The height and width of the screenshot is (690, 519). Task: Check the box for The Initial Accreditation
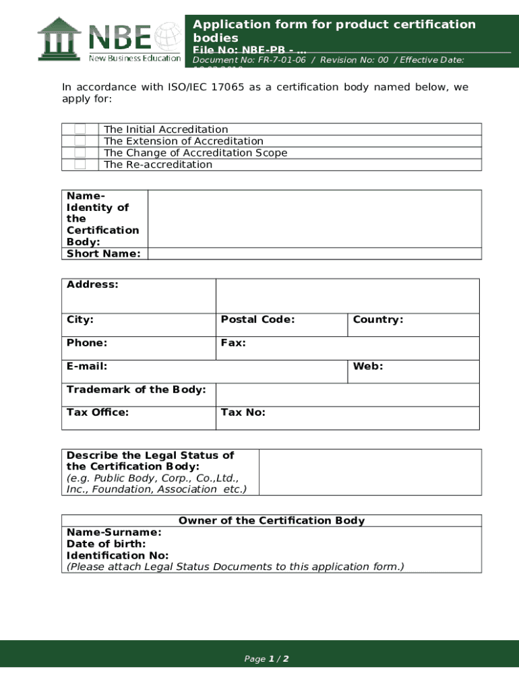click(80, 129)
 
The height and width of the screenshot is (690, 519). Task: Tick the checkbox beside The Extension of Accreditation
click(80, 141)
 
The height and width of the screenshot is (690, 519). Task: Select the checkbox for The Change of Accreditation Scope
click(80, 153)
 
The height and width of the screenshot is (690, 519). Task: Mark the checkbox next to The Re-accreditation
click(80, 164)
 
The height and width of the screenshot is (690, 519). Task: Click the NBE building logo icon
click(59, 38)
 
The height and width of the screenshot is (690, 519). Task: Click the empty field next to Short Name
click(314, 254)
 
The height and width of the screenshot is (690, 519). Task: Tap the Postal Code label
click(257, 319)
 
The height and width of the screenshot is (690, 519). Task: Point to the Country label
click(377, 319)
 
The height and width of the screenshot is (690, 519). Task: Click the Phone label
click(87, 343)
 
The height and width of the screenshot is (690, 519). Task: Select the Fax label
click(233, 343)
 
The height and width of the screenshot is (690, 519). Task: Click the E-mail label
click(87, 367)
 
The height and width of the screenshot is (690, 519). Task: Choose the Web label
click(367, 367)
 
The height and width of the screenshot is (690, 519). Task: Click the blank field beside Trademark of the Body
click(347, 395)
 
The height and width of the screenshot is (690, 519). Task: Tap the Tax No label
click(243, 412)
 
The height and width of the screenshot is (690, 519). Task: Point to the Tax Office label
click(98, 412)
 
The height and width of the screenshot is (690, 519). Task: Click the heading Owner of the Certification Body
click(272, 521)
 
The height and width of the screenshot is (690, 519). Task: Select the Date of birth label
click(106, 544)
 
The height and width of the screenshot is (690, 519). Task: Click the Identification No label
click(117, 555)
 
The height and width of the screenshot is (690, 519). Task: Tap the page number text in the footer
click(266, 659)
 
